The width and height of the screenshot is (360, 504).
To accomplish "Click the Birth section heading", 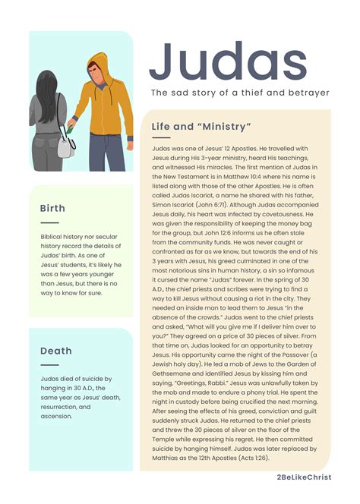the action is pos(53,208).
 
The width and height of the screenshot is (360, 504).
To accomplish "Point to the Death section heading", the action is pos(56,351).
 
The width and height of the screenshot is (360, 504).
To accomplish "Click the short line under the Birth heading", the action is pos(49,222).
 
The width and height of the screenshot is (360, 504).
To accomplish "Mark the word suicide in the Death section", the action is pos(88,378).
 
